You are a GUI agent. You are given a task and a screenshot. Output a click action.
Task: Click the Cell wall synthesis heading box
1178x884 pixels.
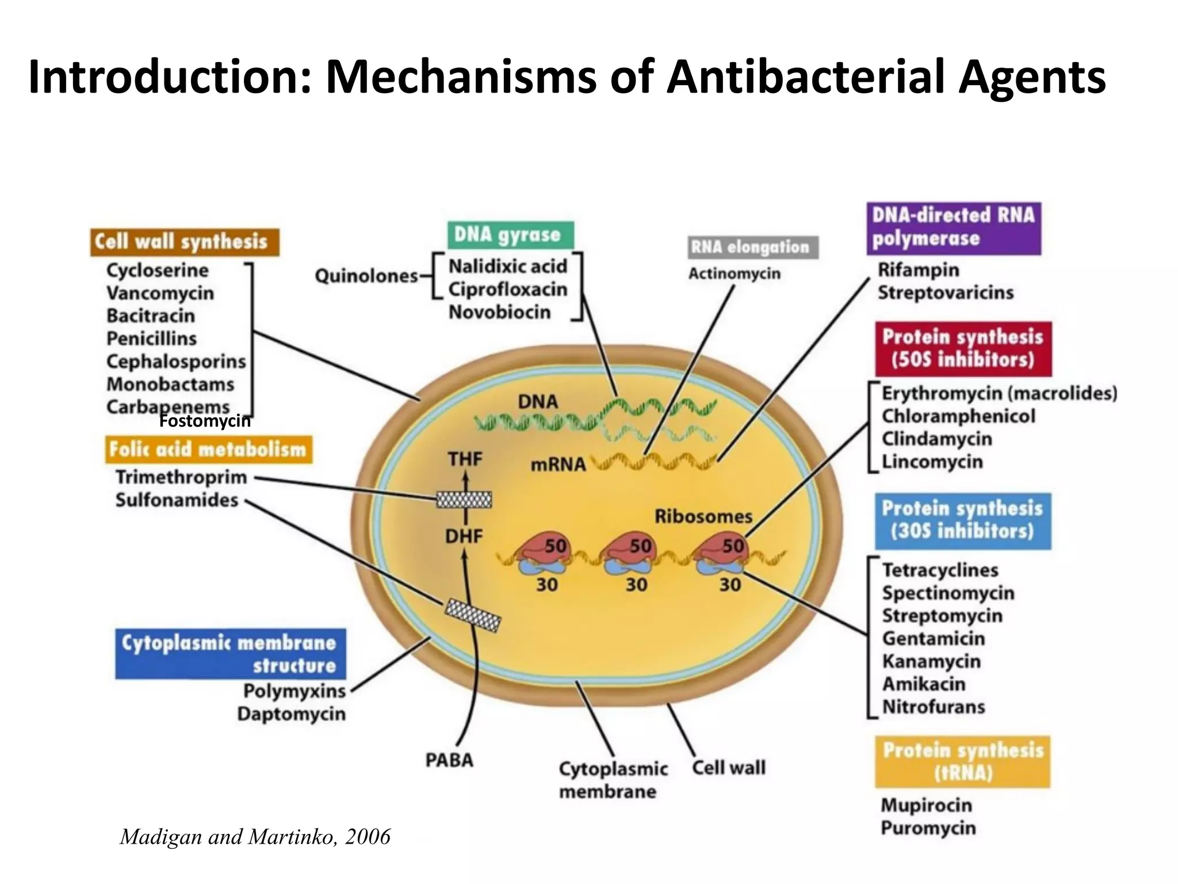click(x=184, y=242)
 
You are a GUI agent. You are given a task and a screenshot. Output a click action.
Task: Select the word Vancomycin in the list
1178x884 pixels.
click(x=160, y=293)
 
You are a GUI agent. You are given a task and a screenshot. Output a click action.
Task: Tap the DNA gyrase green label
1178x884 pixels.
click(x=510, y=235)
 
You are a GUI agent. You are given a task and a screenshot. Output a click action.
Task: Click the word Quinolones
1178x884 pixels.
click(x=366, y=276)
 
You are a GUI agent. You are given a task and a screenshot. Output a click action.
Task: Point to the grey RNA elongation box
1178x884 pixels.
click(x=752, y=247)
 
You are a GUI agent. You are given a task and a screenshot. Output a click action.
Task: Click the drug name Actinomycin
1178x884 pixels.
click(x=734, y=273)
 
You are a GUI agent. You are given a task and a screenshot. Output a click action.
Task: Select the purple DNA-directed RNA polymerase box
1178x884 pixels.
click(x=953, y=228)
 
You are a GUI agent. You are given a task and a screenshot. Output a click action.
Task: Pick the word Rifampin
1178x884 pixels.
click(x=918, y=269)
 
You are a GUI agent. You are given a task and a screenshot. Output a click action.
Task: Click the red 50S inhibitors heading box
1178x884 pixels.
click(x=963, y=349)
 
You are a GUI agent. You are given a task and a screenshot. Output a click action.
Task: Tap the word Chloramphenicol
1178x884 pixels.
click(x=958, y=416)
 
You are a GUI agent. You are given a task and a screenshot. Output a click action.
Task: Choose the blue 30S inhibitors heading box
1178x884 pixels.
click(x=963, y=520)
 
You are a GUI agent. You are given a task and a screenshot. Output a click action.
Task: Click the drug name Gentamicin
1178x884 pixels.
click(x=933, y=638)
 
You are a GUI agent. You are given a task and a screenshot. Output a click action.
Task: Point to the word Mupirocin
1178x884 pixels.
click(x=926, y=805)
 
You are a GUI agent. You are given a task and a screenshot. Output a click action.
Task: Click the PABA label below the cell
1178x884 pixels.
click(x=449, y=760)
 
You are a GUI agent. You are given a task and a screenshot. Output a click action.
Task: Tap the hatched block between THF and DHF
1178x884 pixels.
click(x=464, y=499)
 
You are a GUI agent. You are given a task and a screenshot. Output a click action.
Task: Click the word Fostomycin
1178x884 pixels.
click(x=205, y=421)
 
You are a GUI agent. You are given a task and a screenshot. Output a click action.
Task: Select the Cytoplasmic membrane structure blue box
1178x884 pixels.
click(x=230, y=654)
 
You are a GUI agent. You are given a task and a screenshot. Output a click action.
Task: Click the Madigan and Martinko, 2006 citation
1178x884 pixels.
click(x=255, y=836)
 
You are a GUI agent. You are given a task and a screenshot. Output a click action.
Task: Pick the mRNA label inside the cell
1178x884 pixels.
click(x=558, y=464)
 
